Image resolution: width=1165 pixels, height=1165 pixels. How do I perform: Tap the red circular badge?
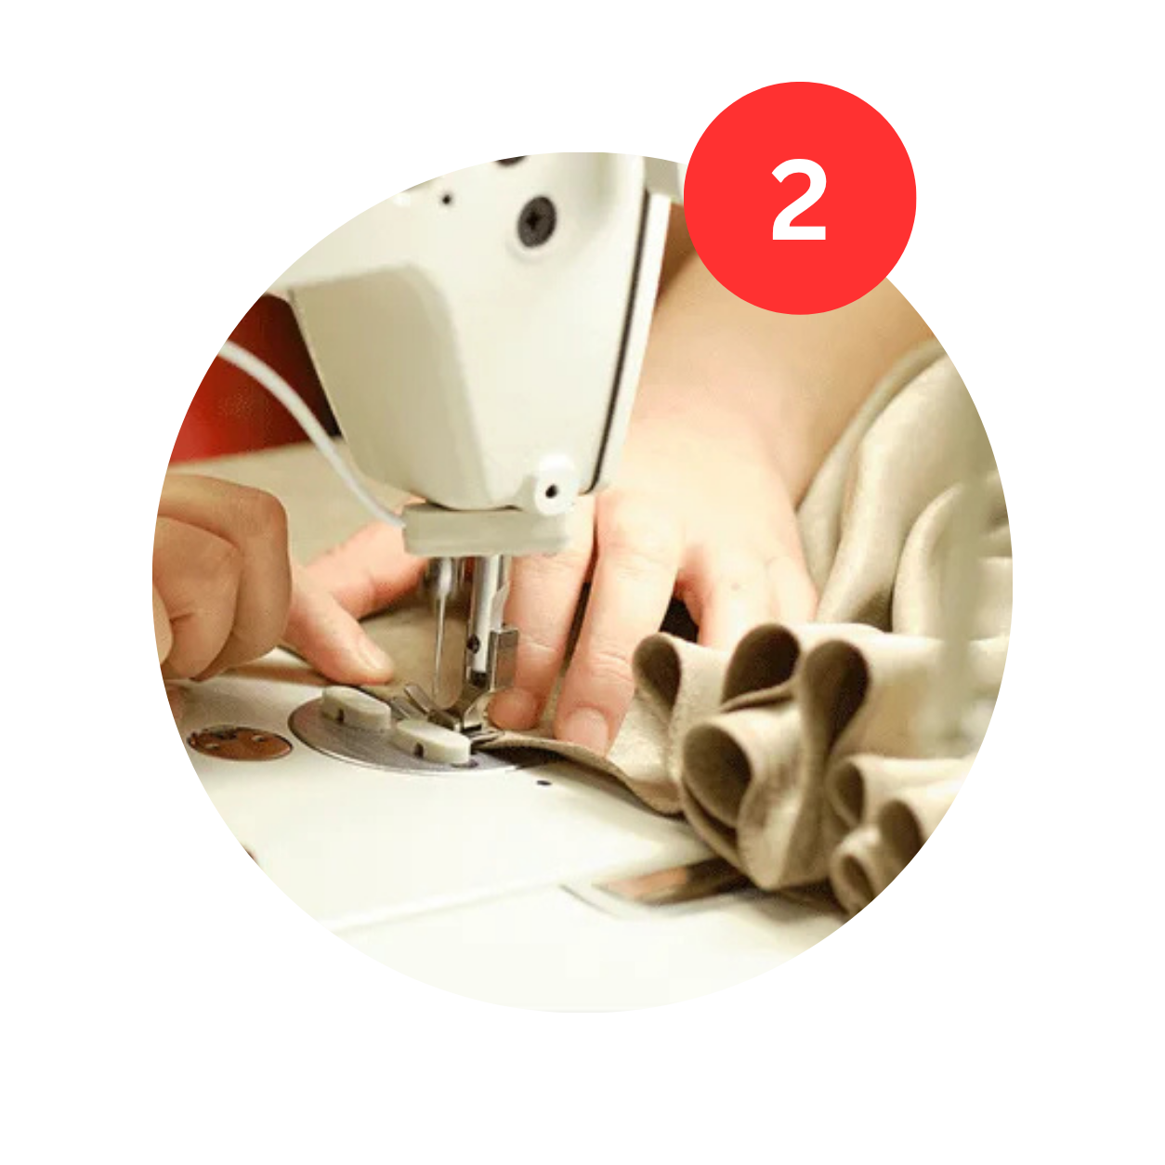pos(799,198)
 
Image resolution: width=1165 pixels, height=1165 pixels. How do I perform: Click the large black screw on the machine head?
pos(536,221)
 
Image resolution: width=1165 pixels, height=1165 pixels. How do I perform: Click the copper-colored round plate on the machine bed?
pos(240,741)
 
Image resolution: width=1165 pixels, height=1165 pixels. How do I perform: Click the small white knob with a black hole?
pos(552,486)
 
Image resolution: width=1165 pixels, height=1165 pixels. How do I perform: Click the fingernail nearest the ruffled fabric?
pos(582,729)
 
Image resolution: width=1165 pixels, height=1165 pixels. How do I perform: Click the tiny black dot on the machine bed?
pos(543,783)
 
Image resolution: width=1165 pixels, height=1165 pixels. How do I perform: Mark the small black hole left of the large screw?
pos(446,198)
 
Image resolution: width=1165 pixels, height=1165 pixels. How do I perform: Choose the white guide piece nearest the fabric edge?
pos(433,740)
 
